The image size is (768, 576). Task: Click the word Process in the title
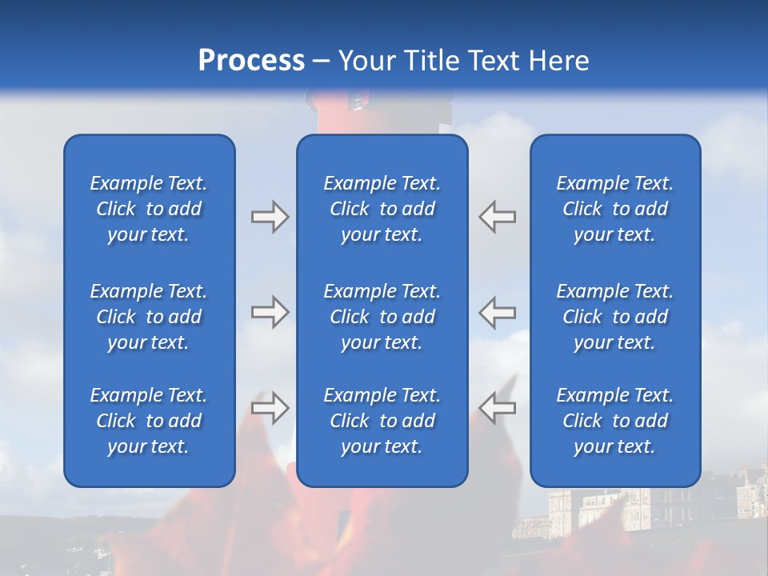tap(251, 61)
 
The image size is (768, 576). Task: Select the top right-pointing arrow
tap(270, 217)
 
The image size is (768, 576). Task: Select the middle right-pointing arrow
tap(270, 312)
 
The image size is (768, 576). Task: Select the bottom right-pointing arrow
tap(270, 408)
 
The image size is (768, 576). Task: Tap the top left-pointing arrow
tap(498, 217)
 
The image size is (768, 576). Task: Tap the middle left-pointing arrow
tap(498, 312)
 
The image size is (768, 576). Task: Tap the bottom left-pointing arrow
tap(498, 408)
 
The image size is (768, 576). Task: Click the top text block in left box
tap(149, 209)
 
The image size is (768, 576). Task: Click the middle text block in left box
tap(149, 317)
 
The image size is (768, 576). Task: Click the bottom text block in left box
tap(149, 421)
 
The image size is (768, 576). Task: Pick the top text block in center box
tap(382, 209)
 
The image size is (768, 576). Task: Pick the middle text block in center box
tap(382, 317)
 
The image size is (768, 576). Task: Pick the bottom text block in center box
tap(382, 421)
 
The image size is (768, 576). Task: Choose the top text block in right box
tap(614, 209)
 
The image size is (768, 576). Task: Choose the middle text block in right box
tap(614, 317)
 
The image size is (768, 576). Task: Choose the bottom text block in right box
tap(614, 421)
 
